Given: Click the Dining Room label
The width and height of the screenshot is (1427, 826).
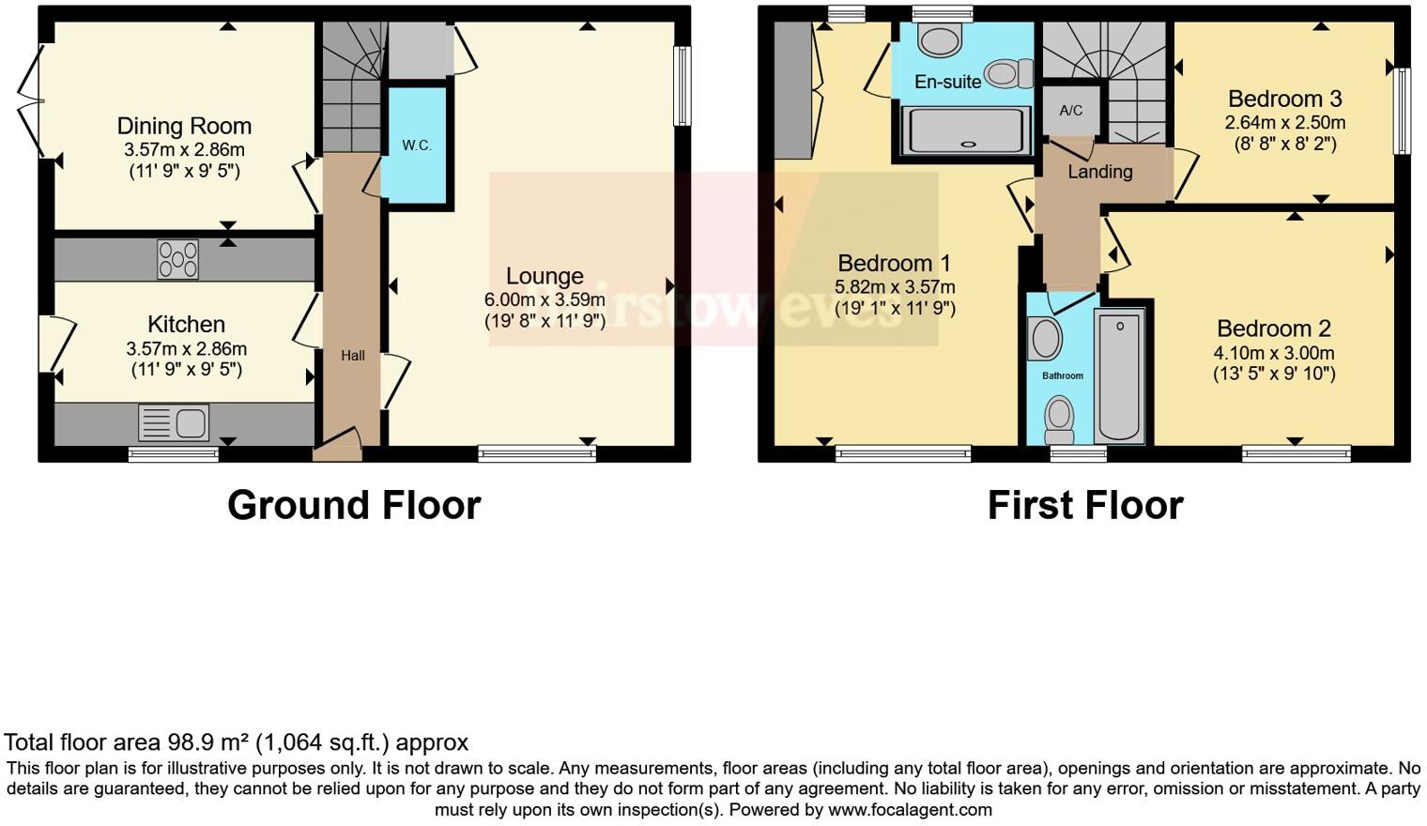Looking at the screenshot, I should [184, 126].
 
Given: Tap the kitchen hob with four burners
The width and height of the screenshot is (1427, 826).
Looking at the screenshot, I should [178, 260].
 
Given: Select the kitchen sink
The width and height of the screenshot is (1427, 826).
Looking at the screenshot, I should [174, 423].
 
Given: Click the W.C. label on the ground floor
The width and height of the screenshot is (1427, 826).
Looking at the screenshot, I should [417, 145].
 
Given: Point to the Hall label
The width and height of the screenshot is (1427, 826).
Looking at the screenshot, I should [353, 355].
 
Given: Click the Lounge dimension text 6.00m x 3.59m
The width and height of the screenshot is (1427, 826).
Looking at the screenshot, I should [545, 299].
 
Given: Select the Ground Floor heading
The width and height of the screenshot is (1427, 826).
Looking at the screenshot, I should [354, 505].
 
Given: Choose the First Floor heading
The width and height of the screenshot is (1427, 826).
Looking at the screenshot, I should [1085, 505].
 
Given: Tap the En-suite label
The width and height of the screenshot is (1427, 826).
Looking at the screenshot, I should [947, 82].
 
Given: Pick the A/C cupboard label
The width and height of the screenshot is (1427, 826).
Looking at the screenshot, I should [1070, 110].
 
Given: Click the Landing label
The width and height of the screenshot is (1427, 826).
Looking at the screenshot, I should [1099, 172].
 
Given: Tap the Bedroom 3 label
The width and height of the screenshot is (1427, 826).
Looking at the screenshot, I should [1284, 99].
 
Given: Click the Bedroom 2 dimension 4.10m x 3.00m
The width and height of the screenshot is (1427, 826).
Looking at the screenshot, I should [1274, 353].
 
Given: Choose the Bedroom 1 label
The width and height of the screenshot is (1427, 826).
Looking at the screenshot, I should [894, 263].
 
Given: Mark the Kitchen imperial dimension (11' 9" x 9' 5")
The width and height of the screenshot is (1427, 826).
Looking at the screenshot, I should [187, 369].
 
